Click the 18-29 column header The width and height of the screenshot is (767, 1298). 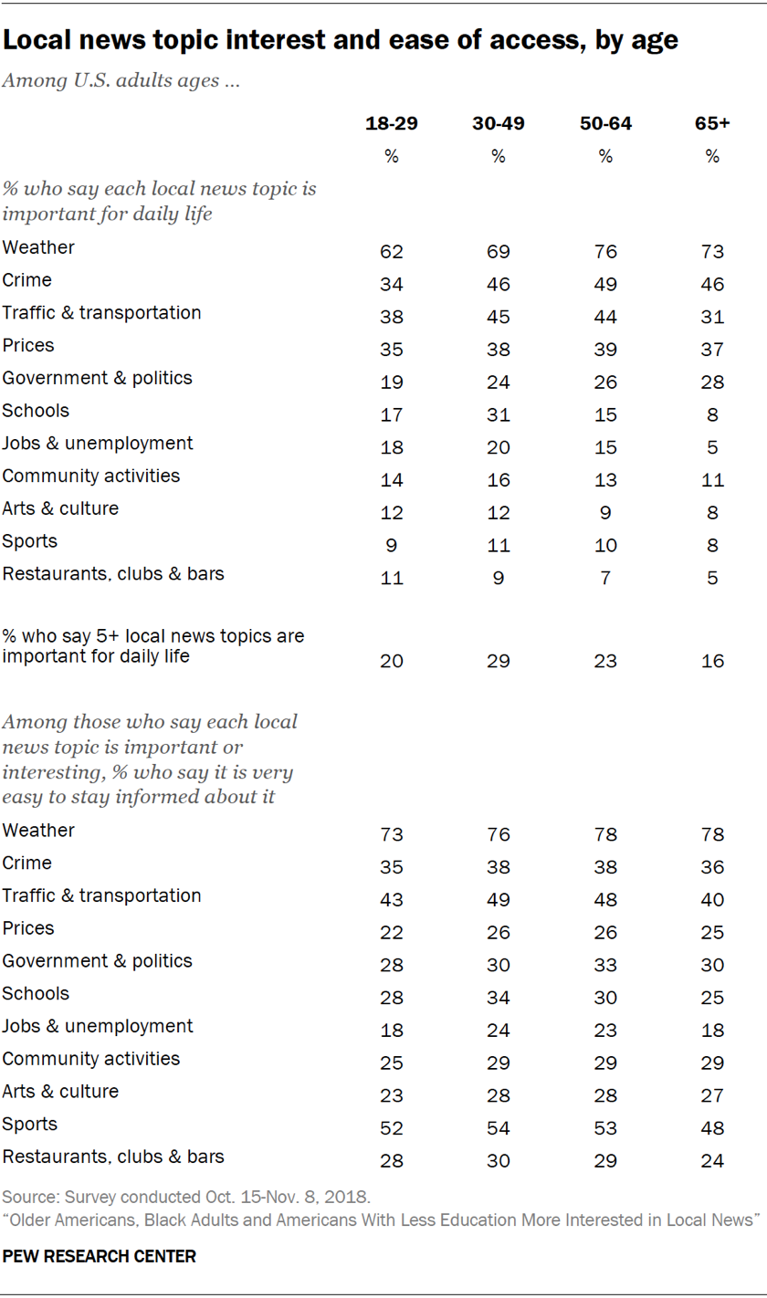click(x=391, y=123)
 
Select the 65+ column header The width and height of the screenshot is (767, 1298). click(x=712, y=123)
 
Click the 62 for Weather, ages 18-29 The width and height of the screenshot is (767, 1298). click(x=391, y=252)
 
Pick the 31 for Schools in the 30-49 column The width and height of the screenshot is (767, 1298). click(x=498, y=415)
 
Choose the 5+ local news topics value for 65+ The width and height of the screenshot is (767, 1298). click(x=712, y=661)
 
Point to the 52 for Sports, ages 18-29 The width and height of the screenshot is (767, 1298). click(x=391, y=1128)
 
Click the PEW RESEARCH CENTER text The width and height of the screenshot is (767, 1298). click(x=100, y=1256)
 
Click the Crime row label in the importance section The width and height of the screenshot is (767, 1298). click(x=27, y=279)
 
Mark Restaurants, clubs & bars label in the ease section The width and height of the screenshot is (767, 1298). click(x=113, y=1157)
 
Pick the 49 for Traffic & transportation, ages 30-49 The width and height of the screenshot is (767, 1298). click(x=498, y=900)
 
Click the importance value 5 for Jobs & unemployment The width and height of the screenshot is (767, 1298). click(x=712, y=447)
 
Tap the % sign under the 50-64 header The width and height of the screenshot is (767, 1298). click(x=604, y=156)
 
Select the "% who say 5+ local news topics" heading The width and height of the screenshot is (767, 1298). click(x=153, y=644)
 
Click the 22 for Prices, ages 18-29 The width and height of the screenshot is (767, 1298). click(x=391, y=932)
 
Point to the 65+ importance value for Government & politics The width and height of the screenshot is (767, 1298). click(x=712, y=382)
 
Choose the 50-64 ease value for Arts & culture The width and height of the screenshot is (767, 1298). click(x=604, y=1095)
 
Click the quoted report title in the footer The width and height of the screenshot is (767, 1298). click(x=382, y=1221)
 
